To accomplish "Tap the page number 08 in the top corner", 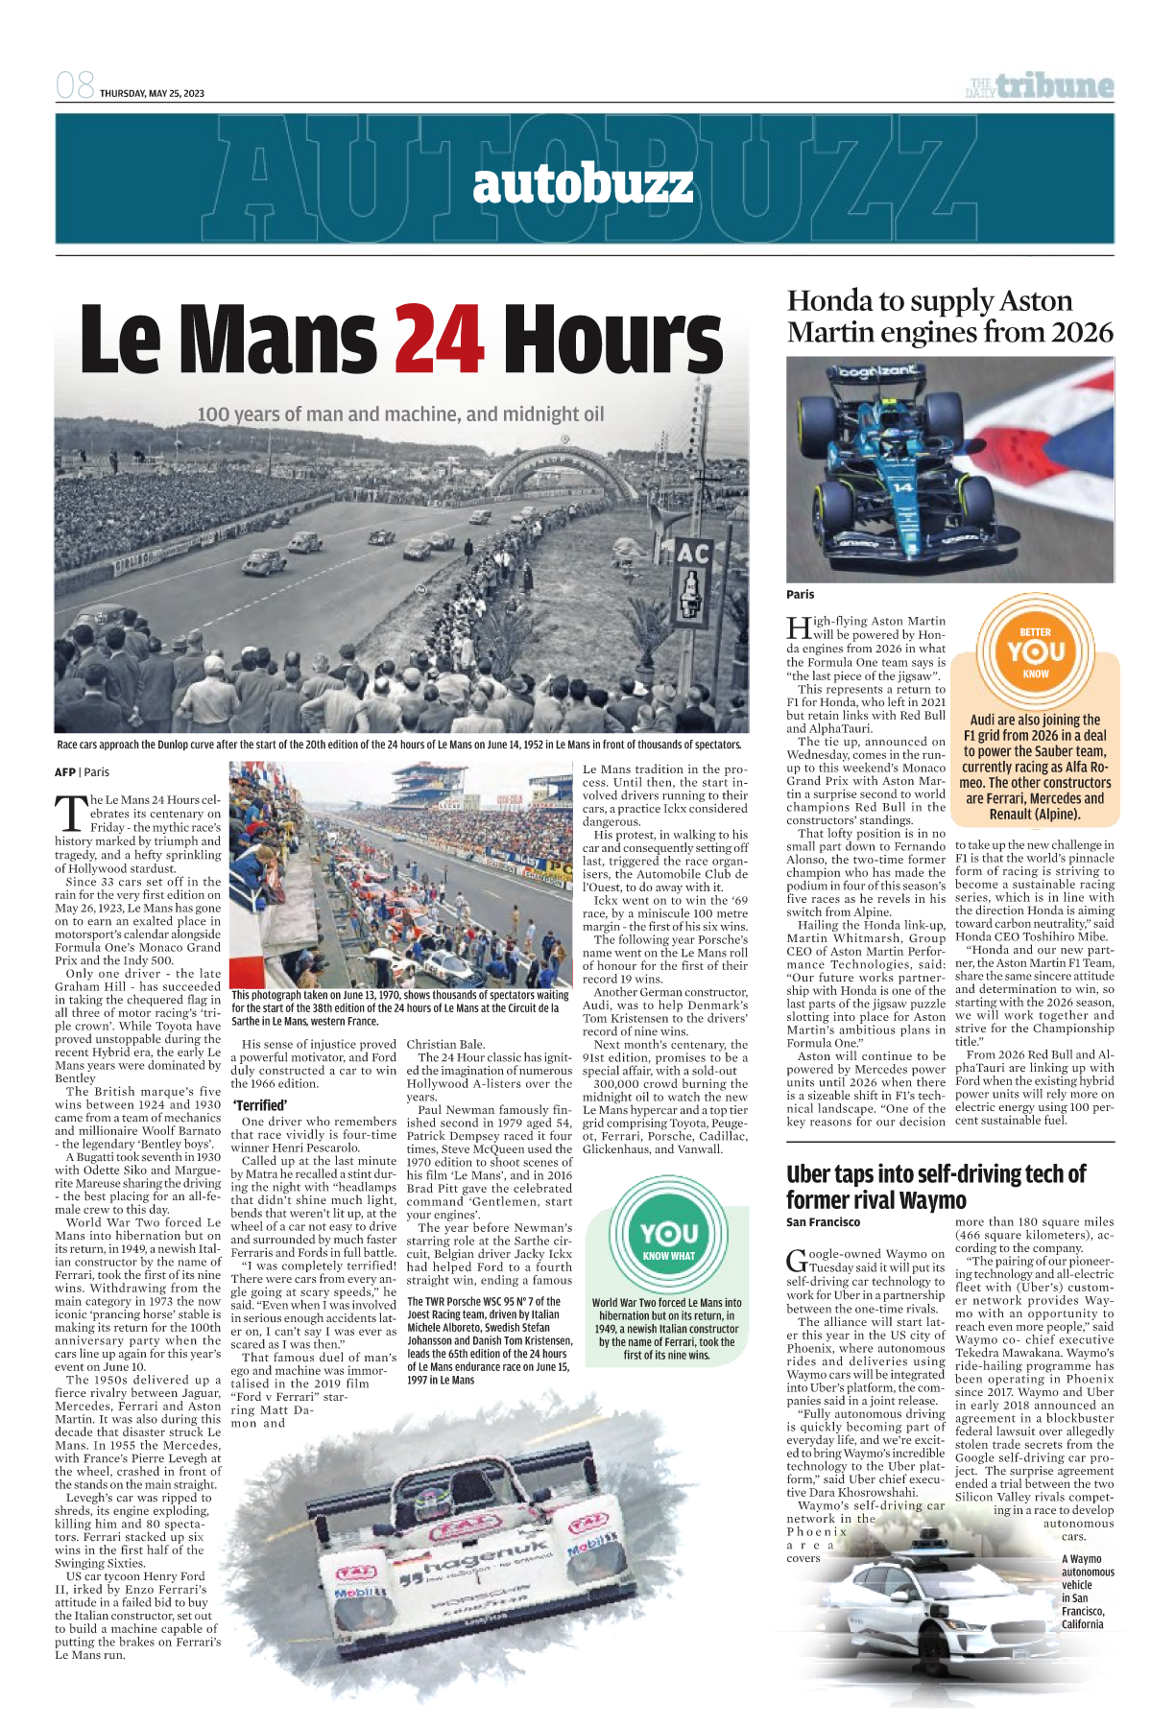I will pyautogui.click(x=75, y=86).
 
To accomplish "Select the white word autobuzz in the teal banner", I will pyautogui.click(x=582, y=184).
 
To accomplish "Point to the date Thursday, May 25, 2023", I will pyautogui.click(x=152, y=93).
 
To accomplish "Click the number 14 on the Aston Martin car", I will pyautogui.click(x=903, y=487).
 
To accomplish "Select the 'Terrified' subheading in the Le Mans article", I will pyautogui.click(x=260, y=1105).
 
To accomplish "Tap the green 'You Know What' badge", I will pyautogui.click(x=668, y=1238).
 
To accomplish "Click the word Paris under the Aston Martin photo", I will pyautogui.click(x=800, y=594).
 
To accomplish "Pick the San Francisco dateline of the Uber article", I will pyautogui.click(x=823, y=1222).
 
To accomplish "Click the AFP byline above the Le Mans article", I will pyautogui.click(x=64, y=771).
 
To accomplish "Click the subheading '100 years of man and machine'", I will pyautogui.click(x=400, y=414).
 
